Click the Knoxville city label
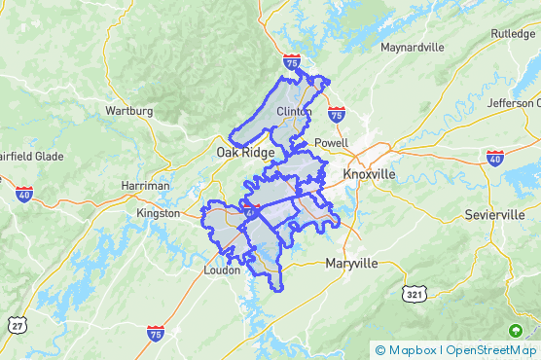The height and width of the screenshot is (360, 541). click(370, 173)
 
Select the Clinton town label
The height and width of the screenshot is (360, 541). click(294, 112)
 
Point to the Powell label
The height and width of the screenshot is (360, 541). click(332, 142)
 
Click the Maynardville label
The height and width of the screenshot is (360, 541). click(412, 47)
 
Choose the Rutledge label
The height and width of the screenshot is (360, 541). click(513, 33)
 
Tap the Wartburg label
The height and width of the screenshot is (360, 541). click(129, 111)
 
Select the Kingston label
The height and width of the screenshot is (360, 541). click(159, 213)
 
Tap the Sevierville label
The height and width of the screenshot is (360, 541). click(494, 214)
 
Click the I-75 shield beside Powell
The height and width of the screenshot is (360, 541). click(336, 115)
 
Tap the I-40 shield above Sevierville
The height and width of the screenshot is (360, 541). click(494, 157)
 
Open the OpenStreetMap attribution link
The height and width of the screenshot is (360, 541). click(491, 350)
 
